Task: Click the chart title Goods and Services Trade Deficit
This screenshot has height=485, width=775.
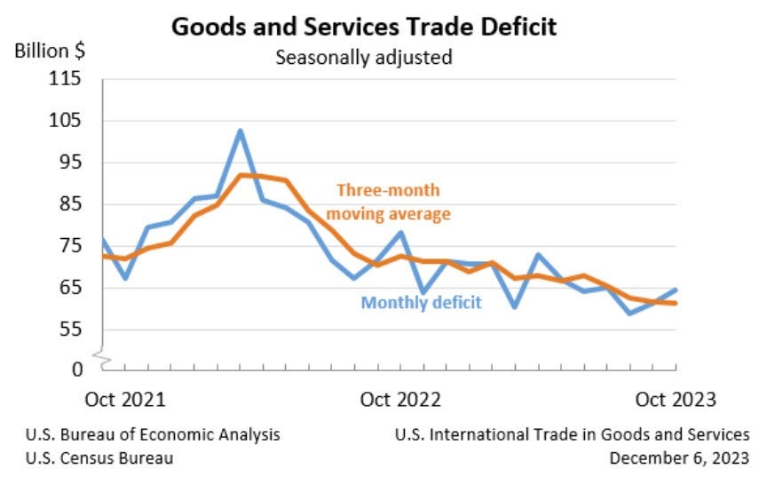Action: tap(364, 27)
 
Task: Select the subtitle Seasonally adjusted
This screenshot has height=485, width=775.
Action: tap(364, 58)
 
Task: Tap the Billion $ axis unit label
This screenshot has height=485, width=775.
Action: tap(50, 51)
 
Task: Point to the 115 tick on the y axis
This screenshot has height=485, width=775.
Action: tap(67, 79)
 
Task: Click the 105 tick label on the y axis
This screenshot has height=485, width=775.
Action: tap(67, 121)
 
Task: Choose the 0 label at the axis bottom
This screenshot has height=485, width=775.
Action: tap(76, 368)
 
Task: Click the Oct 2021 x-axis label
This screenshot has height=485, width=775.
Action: tap(125, 399)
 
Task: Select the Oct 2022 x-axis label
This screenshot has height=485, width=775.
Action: tap(400, 399)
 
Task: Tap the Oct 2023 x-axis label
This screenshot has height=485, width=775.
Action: tap(675, 399)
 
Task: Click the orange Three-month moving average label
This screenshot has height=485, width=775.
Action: tap(389, 202)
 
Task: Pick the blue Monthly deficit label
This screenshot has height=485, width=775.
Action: tap(421, 303)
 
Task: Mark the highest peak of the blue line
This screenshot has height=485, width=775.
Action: tap(240, 131)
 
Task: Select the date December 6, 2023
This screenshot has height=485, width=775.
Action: tap(679, 458)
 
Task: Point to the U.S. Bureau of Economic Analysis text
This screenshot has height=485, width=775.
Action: tap(153, 434)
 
